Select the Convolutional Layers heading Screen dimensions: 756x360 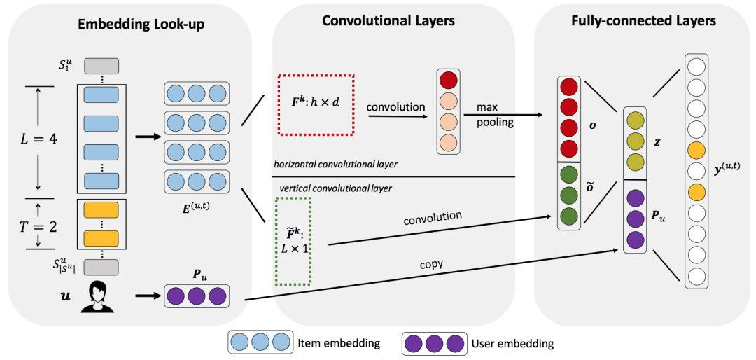coord(388,21)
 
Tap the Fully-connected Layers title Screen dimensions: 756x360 coord(643,21)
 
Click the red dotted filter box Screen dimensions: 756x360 coord(317,105)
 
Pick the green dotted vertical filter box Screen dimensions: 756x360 coord(293,240)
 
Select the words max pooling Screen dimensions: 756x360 coord(494,116)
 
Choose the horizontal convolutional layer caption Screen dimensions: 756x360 coord(335,165)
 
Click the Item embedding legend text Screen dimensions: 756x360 coord(338,343)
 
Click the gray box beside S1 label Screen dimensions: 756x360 coord(101,66)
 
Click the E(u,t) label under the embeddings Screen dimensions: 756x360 coord(196,209)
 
